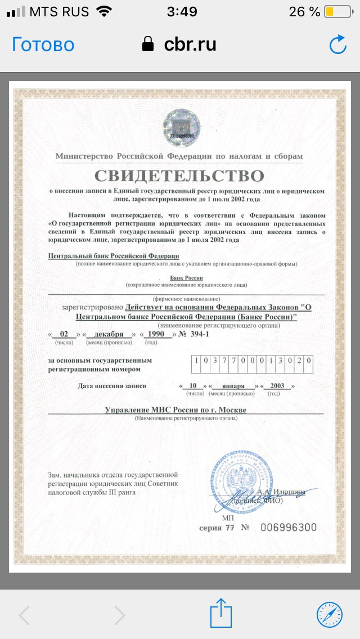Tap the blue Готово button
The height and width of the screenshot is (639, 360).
(x=43, y=44)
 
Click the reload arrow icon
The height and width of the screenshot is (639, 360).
(x=337, y=45)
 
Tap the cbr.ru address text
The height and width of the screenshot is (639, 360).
(x=190, y=44)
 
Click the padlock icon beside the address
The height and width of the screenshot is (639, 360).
(x=148, y=44)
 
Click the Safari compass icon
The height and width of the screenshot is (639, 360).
(x=328, y=614)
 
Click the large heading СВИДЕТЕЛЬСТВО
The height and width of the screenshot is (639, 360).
(x=179, y=175)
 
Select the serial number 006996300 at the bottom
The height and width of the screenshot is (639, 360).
(x=289, y=528)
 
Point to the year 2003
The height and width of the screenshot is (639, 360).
(x=277, y=386)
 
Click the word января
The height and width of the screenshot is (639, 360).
(x=233, y=386)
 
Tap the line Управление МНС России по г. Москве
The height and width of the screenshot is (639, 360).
(x=175, y=409)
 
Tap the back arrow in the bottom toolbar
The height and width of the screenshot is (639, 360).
(x=24, y=614)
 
